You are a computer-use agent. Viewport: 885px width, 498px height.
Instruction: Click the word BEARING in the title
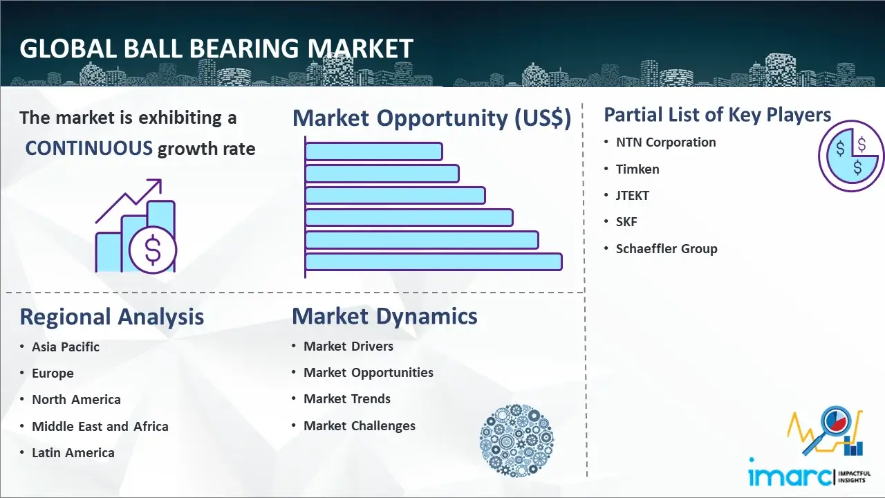click(x=244, y=48)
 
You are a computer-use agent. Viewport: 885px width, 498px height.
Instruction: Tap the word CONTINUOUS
click(x=89, y=148)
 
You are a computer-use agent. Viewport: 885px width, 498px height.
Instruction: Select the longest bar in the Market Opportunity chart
click(x=434, y=262)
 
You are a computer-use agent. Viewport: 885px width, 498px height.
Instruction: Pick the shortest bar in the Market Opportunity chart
click(x=374, y=151)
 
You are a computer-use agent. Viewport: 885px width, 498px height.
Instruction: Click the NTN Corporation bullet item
click(x=666, y=142)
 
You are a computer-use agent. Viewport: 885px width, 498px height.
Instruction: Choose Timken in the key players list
click(x=637, y=169)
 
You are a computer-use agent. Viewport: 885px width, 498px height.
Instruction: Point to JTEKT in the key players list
click(x=632, y=195)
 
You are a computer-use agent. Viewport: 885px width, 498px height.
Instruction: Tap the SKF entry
click(x=626, y=222)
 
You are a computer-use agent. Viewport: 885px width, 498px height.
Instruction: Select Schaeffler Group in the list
click(x=667, y=248)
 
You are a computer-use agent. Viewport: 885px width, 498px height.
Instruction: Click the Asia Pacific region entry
click(x=66, y=347)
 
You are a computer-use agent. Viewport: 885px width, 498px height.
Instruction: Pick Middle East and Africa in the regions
click(x=100, y=426)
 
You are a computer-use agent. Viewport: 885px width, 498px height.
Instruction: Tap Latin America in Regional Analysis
click(x=73, y=452)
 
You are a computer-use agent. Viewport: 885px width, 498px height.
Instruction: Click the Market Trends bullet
click(x=347, y=399)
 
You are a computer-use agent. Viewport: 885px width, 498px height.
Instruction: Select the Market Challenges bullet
click(x=360, y=425)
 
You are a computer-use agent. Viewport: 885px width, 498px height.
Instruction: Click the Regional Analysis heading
click(x=112, y=317)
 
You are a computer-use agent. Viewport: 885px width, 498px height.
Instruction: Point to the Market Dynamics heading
click(x=384, y=316)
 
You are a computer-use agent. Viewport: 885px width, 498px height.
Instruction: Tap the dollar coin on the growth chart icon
click(x=153, y=250)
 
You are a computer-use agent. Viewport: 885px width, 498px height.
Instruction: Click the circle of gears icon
click(x=516, y=440)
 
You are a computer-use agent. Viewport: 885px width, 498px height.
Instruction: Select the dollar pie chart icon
click(x=850, y=156)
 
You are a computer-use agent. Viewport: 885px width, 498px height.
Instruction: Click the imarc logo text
click(x=790, y=476)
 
